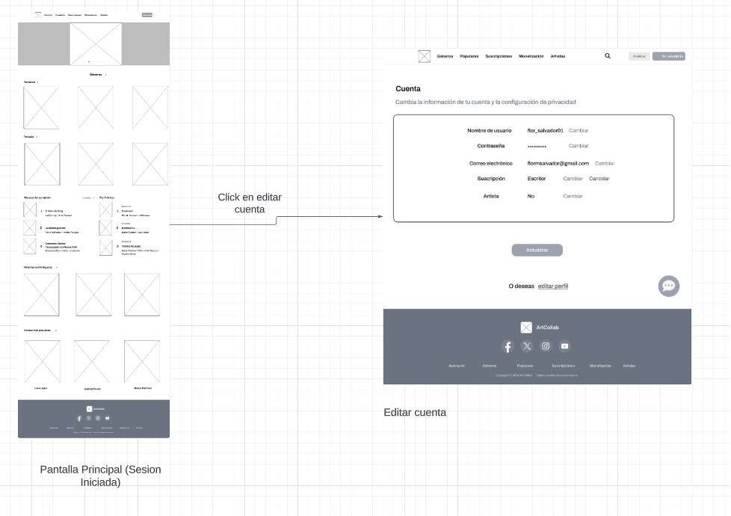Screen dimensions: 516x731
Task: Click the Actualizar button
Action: click(537, 250)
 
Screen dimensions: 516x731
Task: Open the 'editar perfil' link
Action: click(553, 286)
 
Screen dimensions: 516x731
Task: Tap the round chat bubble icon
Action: click(668, 286)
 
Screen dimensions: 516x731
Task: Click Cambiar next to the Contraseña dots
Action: click(578, 146)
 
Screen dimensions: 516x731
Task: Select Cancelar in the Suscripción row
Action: click(599, 179)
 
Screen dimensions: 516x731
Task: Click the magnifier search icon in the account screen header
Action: click(608, 56)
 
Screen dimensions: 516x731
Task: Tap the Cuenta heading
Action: click(408, 89)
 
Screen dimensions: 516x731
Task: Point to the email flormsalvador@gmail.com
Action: click(558, 163)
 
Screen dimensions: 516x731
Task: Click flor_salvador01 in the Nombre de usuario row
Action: click(545, 130)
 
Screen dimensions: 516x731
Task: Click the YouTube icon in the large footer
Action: click(564, 345)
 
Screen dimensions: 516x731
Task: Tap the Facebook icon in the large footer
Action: click(508, 346)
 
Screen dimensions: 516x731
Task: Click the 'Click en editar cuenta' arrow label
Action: click(250, 203)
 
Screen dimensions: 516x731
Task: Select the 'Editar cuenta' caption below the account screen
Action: click(415, 412)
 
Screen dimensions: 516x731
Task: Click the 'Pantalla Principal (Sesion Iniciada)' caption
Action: click(100, 476)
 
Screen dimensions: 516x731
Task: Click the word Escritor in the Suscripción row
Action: click(536, 179)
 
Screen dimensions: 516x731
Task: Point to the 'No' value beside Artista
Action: click(531, 196)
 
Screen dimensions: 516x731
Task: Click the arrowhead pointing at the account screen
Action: click(380, 217)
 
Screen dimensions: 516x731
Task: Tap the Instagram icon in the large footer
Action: click(546, 345)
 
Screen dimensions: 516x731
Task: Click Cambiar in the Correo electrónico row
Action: click(605, 163)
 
